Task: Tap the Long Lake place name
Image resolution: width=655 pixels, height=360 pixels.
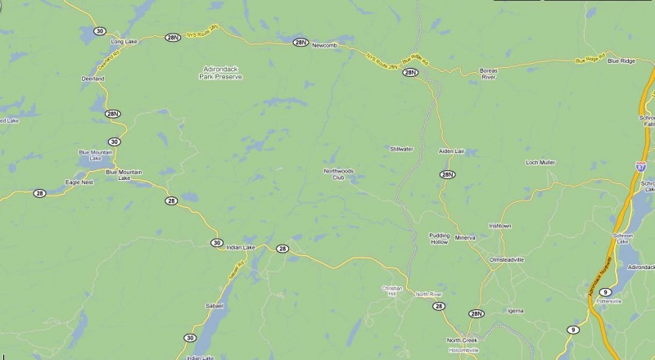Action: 123,41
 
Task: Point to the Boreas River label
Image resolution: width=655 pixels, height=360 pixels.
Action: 489,74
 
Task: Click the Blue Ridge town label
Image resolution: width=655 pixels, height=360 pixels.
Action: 622,61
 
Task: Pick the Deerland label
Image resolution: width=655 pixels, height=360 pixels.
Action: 93,79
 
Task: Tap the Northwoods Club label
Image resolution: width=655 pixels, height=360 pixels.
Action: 338,173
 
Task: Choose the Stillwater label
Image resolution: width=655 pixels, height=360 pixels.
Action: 401,148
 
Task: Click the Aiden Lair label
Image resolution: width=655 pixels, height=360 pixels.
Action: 451,152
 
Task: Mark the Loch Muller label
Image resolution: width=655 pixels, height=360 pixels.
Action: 540,163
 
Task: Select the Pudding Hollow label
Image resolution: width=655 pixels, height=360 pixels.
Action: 440,239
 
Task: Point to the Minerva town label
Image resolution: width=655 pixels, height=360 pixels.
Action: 467,237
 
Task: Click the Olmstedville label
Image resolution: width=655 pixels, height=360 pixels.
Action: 506,259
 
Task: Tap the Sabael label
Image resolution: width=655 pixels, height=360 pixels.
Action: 214,305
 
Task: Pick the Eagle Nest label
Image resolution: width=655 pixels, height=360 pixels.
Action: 79,182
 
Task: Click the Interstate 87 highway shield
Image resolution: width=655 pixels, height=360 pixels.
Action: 642,165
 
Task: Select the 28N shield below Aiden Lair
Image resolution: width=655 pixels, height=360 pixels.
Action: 447,174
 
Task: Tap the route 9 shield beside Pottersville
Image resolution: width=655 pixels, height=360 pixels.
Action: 606,292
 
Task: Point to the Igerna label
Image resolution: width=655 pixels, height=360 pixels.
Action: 516,311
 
